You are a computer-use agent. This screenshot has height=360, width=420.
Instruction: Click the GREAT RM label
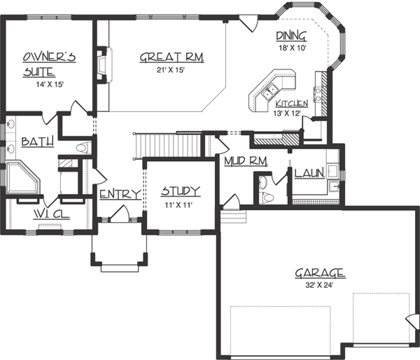coord(171,58)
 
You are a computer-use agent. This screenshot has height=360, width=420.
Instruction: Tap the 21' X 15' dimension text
coord(171,70)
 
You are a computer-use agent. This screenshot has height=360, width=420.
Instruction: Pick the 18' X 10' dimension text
coord(292,48)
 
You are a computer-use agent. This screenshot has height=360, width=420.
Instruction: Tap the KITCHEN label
coord(292,103)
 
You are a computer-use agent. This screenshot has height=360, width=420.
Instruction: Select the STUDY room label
coord(181,191)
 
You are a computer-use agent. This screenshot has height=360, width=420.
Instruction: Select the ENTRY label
coord(120,194)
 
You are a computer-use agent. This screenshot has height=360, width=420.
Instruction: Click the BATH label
coord(37,142)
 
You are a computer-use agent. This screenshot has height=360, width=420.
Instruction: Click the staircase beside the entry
coord(168,145)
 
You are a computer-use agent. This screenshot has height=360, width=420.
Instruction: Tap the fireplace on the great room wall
coord(103,65)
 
